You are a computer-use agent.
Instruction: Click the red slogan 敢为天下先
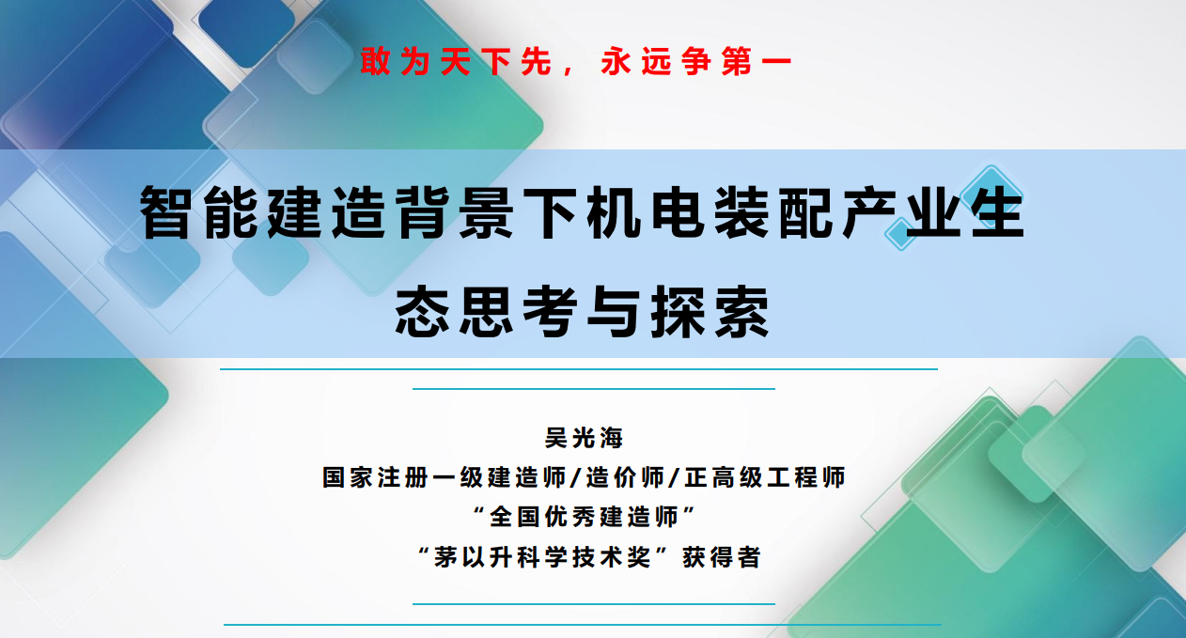click(x=456, y=61)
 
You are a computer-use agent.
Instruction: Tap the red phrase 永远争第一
click(x=696, y=61)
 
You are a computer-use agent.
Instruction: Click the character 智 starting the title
click(x=165, y=212)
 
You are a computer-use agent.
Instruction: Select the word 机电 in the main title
click(x=646, y=212)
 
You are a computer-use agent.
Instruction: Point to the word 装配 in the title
click(x=773, y=212)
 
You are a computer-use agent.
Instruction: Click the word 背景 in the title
click(x=454, y=212)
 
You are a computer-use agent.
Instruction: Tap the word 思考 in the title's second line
click(x=518, y=311)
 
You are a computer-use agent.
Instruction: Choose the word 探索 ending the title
click(x=710, y=311)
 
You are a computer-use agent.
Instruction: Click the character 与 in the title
click(x=615, y=311)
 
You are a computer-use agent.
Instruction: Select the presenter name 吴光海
click(x=584, y=438)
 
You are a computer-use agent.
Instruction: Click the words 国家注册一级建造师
click(x=445, y=477)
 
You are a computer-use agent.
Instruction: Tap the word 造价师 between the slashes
click(x=625, y=477)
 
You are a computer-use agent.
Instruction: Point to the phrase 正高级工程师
click(x=765, y=477)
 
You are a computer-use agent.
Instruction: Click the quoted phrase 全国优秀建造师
click(x=584, y=517)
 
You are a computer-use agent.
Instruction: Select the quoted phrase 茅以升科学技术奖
click(x=541, y=557)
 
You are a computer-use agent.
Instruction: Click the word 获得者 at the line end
click(x=722, y=557)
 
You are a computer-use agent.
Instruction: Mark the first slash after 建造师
click(x=577, y=477)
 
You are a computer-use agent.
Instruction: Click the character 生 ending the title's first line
click(x=999, y=212)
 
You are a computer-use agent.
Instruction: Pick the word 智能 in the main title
click(x=198, y=212)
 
